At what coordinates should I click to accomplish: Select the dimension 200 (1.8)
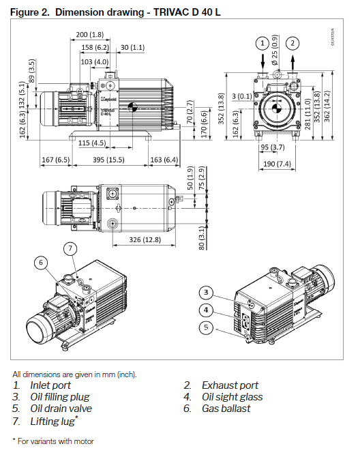pos(90,34)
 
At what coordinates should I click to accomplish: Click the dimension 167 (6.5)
pos(56,159)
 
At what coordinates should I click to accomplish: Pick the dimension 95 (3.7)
pos(273,147)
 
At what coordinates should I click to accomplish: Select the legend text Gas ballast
pos(226,408)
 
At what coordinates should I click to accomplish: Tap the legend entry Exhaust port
pos(230,385)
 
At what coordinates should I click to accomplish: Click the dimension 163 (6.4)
pos(164,159)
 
